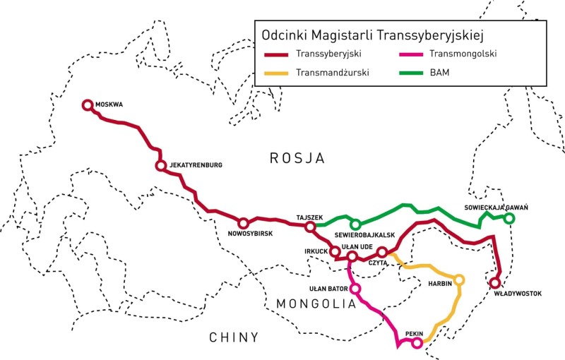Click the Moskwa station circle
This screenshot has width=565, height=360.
[x=88, y=105]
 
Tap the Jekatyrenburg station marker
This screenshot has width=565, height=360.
[x=161, y=166]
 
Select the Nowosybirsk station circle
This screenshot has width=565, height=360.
[x=243, y=223]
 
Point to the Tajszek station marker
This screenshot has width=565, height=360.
[x=309, y=227]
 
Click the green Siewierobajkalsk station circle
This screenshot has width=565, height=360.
[x=356, y=224]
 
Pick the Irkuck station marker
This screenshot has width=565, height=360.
[x=335, y=251]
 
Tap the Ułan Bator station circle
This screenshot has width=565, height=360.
[x=355, y=289]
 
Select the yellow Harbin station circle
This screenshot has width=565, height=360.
[x=460, y=280]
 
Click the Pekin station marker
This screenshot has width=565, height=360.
[x=417, y=343]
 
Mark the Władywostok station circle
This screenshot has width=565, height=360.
[x=495, y=283]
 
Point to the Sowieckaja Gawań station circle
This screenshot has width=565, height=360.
[x=509, y=219]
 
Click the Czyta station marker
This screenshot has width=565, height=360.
[x=382, y=252]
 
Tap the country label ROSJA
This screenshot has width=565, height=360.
[x=297, y=158]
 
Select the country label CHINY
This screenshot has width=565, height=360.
[x=234, y=337]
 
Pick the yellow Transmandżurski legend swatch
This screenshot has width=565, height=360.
[x=278, y=72]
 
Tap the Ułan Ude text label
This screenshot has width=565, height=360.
[x=357, y=246]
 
